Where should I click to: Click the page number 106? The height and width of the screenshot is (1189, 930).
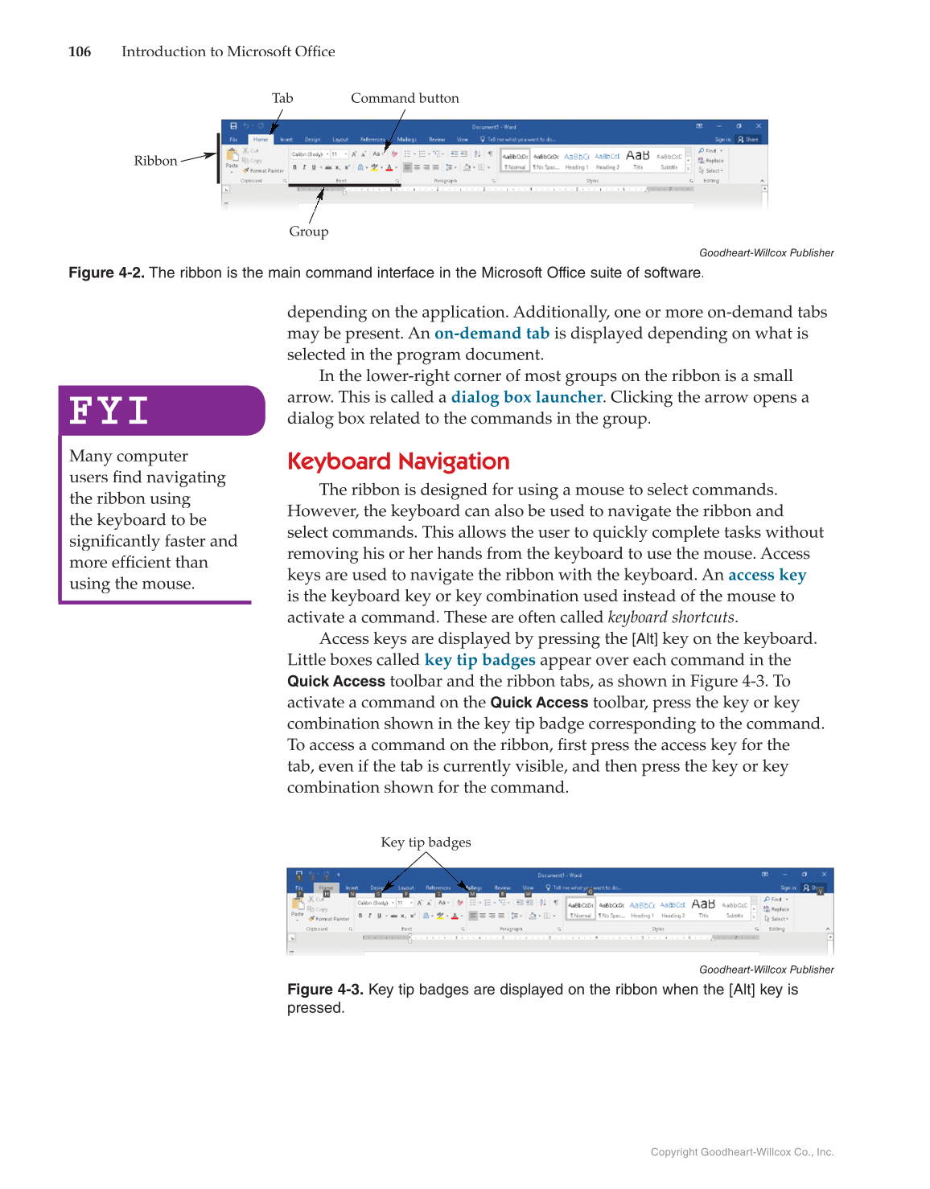coord(80,51)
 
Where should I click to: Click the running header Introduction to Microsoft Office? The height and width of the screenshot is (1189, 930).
coord(228,51)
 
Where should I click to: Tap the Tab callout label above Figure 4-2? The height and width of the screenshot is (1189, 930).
coord(282,98)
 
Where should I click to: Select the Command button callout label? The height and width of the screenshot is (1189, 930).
coord(405,98)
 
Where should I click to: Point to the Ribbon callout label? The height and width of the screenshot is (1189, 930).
coord(155,161)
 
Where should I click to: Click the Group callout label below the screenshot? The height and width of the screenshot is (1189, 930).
coord(309,232)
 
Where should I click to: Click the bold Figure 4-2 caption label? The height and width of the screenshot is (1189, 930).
coord(106,273)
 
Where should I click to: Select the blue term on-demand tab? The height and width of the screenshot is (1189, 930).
coord(492,334)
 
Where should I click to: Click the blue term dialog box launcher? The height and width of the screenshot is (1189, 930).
coord(526,397)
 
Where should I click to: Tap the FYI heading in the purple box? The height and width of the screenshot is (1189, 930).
coord(109,411)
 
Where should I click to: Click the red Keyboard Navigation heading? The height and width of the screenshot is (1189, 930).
coord(398,461)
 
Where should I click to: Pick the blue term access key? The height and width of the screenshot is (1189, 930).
coord(767,575)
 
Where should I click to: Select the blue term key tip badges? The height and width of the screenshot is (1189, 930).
coord(479,660)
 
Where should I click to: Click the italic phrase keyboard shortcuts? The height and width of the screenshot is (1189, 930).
coord(671,617)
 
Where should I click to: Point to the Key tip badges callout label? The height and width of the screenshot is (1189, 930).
coord(426,843)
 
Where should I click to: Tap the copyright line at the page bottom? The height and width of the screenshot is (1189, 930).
coord(742,1152)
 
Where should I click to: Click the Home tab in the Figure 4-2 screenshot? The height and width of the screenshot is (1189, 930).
coord(261,139)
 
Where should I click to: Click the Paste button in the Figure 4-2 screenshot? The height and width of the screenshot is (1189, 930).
coord(232,158)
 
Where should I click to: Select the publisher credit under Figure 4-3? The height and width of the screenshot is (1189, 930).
coord(766,970)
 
